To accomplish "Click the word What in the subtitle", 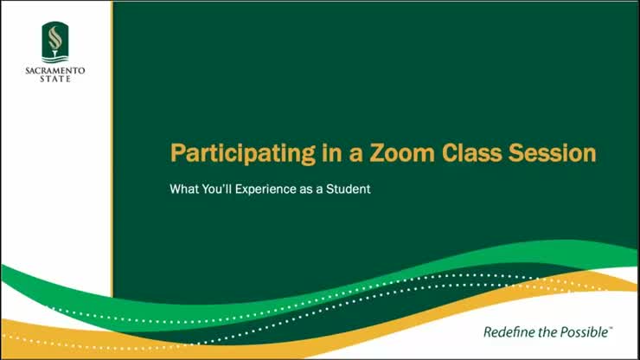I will (x=184, y=187).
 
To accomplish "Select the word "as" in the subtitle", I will (x=316, y=187).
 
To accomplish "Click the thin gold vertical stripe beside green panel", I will (x=112, y=130).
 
